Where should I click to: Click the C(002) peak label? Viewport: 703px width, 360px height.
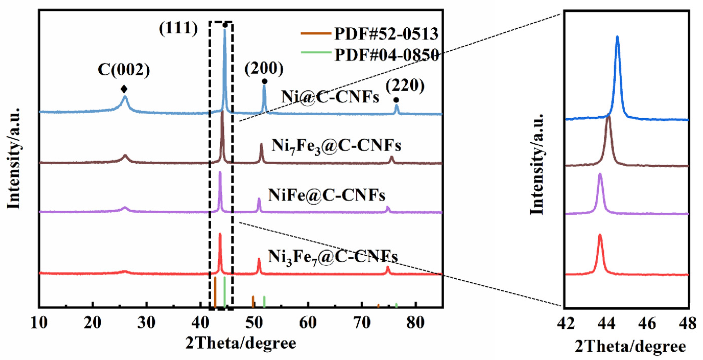pyautogui.click(x=124, y=70)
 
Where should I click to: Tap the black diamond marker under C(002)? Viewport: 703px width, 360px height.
pyautogui.click(x=124, y=89)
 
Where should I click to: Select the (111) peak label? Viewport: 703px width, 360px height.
pyautogui.click(x=178, y=28)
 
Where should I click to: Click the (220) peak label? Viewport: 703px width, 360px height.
pyautogui.click(x=405, y=86)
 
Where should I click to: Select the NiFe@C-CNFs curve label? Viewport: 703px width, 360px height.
pyautogui.click(x=327, y=195)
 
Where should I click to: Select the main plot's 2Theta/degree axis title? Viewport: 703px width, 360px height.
pyautogui.click(x=241, y=343)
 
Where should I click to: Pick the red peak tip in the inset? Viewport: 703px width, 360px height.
pyautogui.click(x=600, y=235)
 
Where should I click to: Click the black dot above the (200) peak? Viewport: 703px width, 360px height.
pyautogui.click(x=264, y=82)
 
